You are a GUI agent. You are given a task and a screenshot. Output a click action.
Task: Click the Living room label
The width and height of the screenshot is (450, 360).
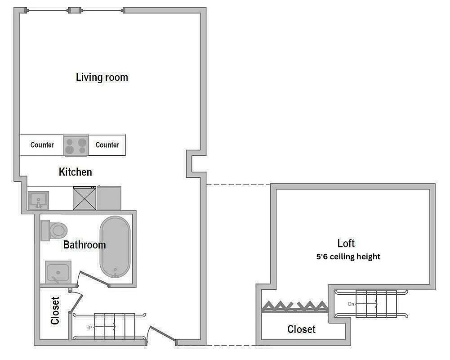pos(102,77)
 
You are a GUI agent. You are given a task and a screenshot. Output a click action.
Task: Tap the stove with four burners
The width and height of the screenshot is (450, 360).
pos(76,146)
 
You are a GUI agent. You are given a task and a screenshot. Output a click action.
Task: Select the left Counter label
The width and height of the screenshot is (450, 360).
pos(42,145)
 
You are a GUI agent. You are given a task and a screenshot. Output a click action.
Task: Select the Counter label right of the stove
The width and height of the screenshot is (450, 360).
pos(107,145)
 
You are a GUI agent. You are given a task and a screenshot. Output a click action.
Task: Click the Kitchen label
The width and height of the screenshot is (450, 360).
pos(75,172)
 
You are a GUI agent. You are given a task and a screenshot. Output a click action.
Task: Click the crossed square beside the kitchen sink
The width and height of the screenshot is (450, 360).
pos(85,198)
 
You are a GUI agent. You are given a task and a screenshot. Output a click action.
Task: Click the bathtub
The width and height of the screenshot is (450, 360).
pos(115,247)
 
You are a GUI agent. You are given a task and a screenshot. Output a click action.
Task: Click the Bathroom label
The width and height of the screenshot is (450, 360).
pos(84,245)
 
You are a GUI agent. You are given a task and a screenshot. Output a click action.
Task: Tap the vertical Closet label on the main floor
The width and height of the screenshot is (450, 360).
pos(55,310)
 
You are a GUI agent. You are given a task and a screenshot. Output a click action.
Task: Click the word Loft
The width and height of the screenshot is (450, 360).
pos(346,243)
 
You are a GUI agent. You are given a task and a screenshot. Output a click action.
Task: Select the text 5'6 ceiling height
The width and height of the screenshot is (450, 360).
pos(348,257)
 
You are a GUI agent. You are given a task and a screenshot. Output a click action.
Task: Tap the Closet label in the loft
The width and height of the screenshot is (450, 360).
pos(301,329)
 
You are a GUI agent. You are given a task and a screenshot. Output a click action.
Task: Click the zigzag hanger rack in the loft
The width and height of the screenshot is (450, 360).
pos(294,307)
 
